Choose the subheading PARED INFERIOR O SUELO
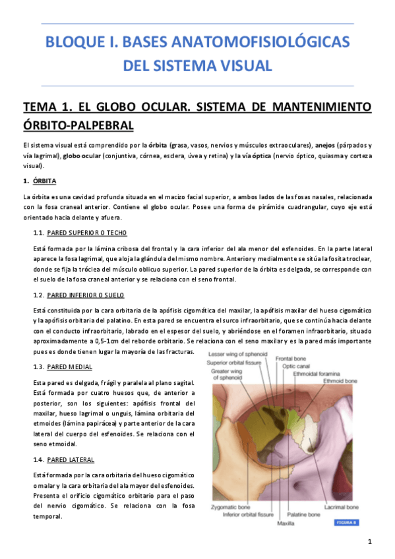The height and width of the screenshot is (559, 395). pyautogui.click(x=86, y=295)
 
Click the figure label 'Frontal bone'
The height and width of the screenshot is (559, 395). pyautogui.click(x=290, y=360)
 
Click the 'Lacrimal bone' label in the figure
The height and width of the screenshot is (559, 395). pyautogui.click(x=342, y=508)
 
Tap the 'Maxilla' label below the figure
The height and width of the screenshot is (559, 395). pyautogui.click(x=285, y=523)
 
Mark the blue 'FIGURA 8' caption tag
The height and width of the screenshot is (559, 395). pyautogui.click(x=346, y=522)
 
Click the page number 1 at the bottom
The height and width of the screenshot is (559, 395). pyautogui.click(x=371, y=542)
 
